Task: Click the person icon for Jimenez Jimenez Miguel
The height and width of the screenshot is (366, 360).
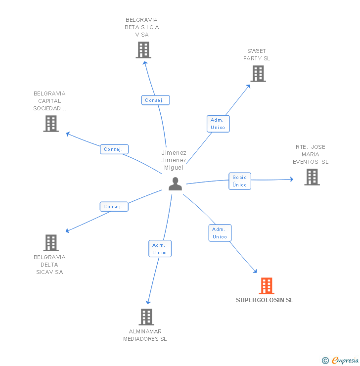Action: (x=175, y=183)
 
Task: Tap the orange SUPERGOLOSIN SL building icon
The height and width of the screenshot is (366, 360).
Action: (x=267, y=286)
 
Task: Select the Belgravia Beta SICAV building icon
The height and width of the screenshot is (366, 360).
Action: (x=143, y=50)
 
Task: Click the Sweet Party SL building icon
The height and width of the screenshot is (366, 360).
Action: (x=258, y=74)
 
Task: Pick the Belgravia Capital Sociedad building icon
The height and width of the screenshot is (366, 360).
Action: (x=51, y=124)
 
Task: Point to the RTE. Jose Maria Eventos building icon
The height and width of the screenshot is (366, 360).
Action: (x=312, y=177)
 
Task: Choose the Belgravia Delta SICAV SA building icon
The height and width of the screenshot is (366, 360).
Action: (x=51, y=243)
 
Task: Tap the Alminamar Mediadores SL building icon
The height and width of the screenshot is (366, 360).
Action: (x=146, y=317)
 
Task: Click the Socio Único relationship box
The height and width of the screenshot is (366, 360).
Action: (x=239, y=181)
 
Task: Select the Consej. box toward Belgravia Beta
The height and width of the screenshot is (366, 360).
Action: (x=156, y=100)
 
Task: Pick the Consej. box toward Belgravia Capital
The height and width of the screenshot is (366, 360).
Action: (x=114, y=149)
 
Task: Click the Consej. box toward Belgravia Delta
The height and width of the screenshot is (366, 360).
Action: (x=114, y=206)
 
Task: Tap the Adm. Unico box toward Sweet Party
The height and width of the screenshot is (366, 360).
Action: (x=218, y=124)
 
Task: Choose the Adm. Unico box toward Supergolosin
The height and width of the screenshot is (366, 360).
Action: (x=220, y=233)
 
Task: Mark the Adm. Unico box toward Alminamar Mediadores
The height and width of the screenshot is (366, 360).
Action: (x=160, y=248)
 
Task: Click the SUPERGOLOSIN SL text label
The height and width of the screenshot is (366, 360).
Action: (x=265, y=300)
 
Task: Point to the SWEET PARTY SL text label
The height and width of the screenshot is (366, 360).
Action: (x=257, y=54)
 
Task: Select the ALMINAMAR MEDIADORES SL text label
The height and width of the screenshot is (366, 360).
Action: (x=145, y=335)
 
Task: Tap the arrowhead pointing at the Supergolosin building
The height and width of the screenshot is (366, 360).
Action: (x=255, y=271)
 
